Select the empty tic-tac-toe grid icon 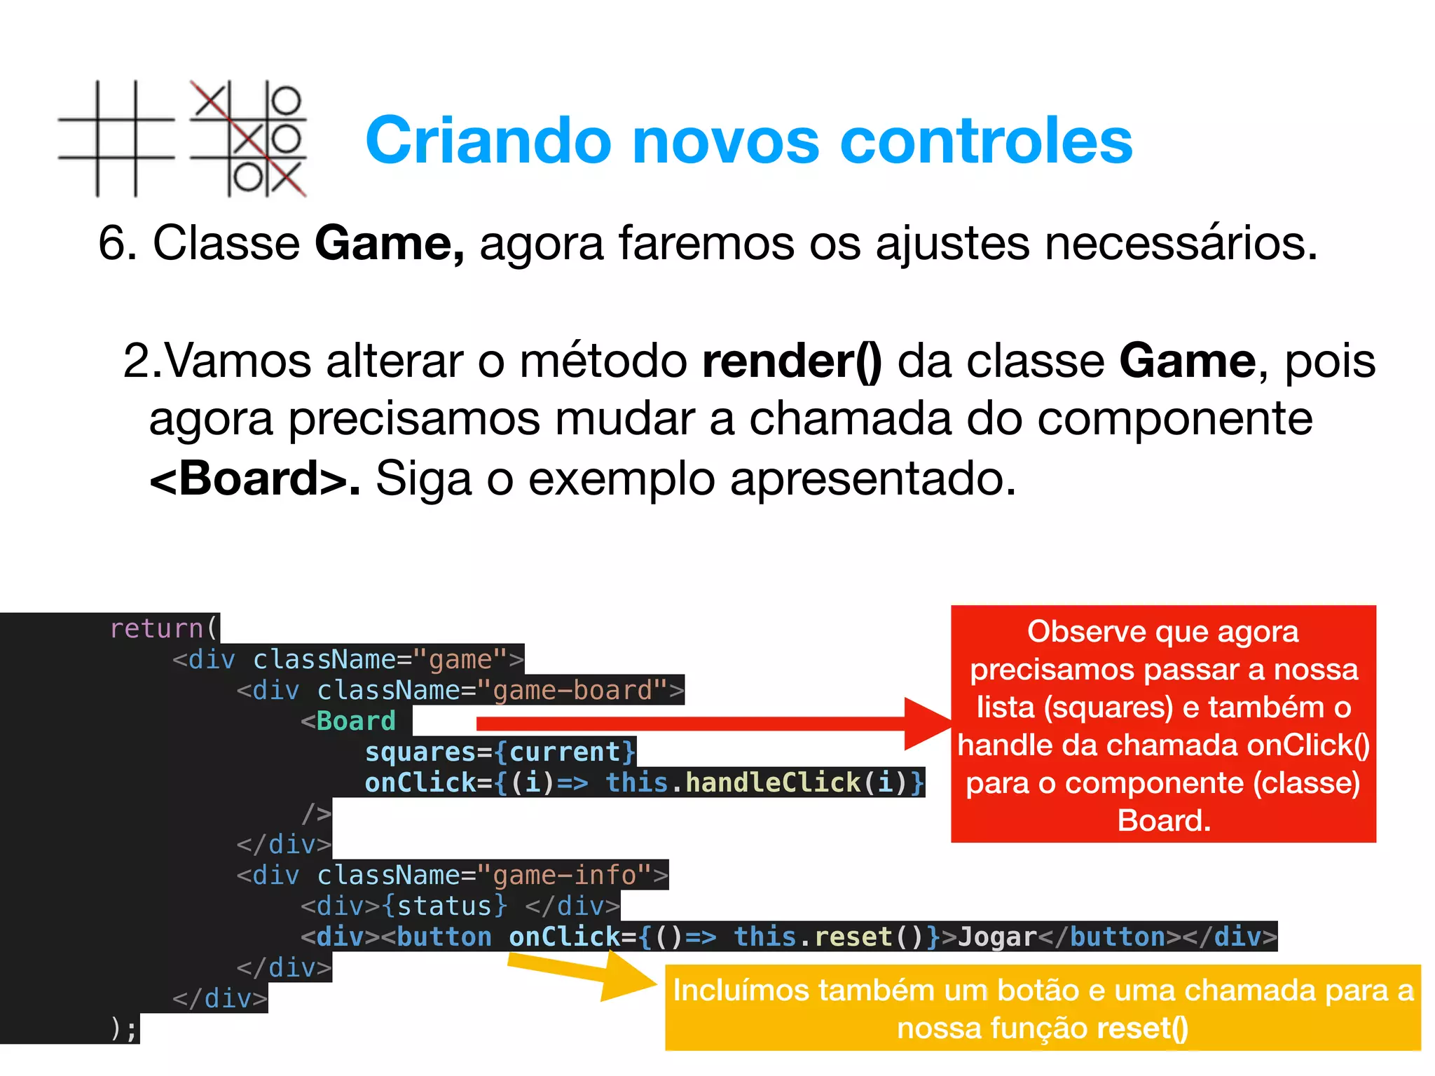pos(116,139)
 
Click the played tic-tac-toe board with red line pos(249,139)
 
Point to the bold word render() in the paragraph pos(792,361)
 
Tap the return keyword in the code pos(156,628)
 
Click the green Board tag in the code pos(356,721)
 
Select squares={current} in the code pos(500,752)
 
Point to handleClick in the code pos(773,782)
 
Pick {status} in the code pos(444,906)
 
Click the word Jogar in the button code pos(997,937)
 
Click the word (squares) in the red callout pos(1108,708)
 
